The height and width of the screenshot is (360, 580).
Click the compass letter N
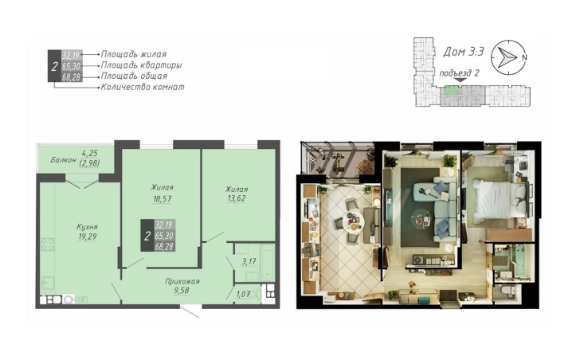pos(523,57)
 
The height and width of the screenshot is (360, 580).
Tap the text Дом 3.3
pos(464,52)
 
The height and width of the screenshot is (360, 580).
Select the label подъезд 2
pos(459,72)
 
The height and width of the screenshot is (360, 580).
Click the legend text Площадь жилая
pos(134,54)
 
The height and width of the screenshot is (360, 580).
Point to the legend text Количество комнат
pos(143,88)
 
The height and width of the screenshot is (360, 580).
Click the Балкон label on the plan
pos(63,160)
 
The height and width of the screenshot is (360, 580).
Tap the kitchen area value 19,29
pos(88,237)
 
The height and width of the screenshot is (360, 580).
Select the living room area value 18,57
pos(162,199)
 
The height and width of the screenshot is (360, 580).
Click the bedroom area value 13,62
pos(237,198)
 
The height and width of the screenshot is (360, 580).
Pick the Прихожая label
pos(182,282)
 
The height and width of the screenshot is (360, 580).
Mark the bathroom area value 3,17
pos(249,262)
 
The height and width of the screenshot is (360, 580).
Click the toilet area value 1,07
pos(244,294)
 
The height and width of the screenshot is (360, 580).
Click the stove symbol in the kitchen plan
pos(48,245)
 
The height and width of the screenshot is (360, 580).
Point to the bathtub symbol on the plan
pos(267,262)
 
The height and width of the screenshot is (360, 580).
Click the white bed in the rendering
pos(500,198)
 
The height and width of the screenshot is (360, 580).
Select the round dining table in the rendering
pos(353,221)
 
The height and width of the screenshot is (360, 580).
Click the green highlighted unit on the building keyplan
pos(451,91)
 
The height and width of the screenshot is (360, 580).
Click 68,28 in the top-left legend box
pos(72,77)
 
